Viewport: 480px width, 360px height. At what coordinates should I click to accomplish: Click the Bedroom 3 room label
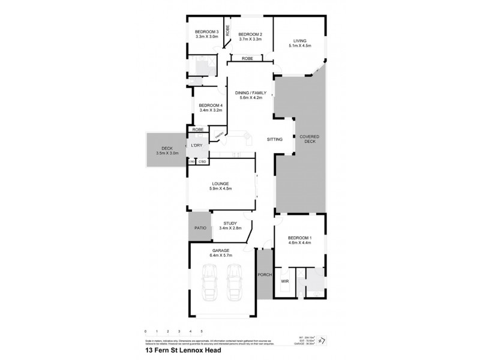click(x=206, y=32)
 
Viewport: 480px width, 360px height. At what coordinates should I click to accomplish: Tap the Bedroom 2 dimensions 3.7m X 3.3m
click(x=248, y=39)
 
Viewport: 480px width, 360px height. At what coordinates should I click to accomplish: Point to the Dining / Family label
click(x=250, y=92)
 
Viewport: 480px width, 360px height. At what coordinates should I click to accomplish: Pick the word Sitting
click(x=275, y=139)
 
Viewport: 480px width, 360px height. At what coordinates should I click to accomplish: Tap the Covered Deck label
click(x=310, y=139)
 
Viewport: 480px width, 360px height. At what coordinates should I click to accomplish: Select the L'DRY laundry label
click(x=196, y=146)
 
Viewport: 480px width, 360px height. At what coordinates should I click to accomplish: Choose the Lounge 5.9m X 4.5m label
click(x=221, y=184)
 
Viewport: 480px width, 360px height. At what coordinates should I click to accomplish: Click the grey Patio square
click(x=199, y=228)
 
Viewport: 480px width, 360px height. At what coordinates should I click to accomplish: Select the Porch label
click(x=265, y=275)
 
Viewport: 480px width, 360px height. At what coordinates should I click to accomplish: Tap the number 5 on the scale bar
click(x=202, y=331)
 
